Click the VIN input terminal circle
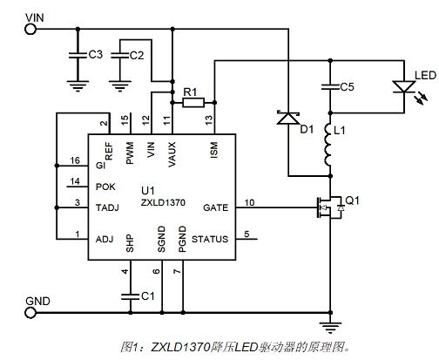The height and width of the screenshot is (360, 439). tap(30, 30)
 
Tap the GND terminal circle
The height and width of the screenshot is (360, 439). tap(30, 313)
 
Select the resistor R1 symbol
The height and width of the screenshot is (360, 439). tap(193, 103)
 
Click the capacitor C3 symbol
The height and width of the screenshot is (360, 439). tap(78, 55)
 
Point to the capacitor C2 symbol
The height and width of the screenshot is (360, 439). tap(120, 55)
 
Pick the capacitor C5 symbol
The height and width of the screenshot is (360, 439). tap(330, 87)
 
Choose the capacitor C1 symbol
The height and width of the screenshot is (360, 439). tap(131, 296)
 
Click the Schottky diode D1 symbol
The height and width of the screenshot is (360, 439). tap(288, 118)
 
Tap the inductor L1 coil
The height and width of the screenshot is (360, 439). tap(328, 145)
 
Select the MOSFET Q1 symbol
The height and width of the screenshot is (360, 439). tap(330, 207)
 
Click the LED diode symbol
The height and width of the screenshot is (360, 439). tap(404, 87)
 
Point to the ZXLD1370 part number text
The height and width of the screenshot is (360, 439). tap(163, 202)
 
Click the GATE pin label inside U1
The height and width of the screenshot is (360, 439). tap(215, 207)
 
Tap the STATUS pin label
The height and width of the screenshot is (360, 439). tap(210, 239)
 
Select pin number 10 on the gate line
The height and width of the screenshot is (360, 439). tap(249, 202)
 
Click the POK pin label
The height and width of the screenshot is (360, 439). tap(105, 187)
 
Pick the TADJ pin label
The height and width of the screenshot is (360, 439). tap(107, 207)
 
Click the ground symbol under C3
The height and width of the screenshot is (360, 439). tap(78, 86)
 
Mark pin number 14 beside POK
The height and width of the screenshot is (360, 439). tap(75, 181)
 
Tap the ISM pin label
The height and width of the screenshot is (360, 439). tap(213, 150)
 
